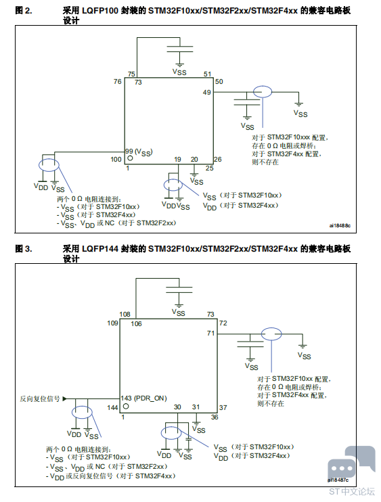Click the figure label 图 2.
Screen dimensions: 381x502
tap(24, 11)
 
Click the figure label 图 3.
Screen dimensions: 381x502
tap(24, 249)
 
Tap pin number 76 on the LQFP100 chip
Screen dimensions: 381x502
tap(118, 82)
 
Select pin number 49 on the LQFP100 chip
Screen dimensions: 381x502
tap(207, 92)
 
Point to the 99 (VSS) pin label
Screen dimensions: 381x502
tap(139, 152)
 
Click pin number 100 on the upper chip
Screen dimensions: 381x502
tap(116, 159)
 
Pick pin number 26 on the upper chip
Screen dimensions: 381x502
tap(218, 159)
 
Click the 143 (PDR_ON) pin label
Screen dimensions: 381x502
tap(143, 398)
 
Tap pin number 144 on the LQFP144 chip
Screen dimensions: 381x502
tap(112, 407)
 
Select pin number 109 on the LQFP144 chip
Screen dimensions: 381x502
tap(112, 323)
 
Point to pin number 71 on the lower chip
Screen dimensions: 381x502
tap(210, 334)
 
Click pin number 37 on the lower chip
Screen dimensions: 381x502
tap(223, 407)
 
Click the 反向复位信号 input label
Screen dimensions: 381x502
tap(40, 398)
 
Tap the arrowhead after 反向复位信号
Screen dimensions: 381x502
tap(65, 398)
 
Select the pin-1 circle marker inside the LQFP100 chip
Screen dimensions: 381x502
tap(130, 158)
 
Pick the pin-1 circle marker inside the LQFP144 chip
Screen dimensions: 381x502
tap(126, 407)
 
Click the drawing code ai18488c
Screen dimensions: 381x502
tap(340, 225)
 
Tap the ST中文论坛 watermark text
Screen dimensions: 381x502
tap(351, 491)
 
